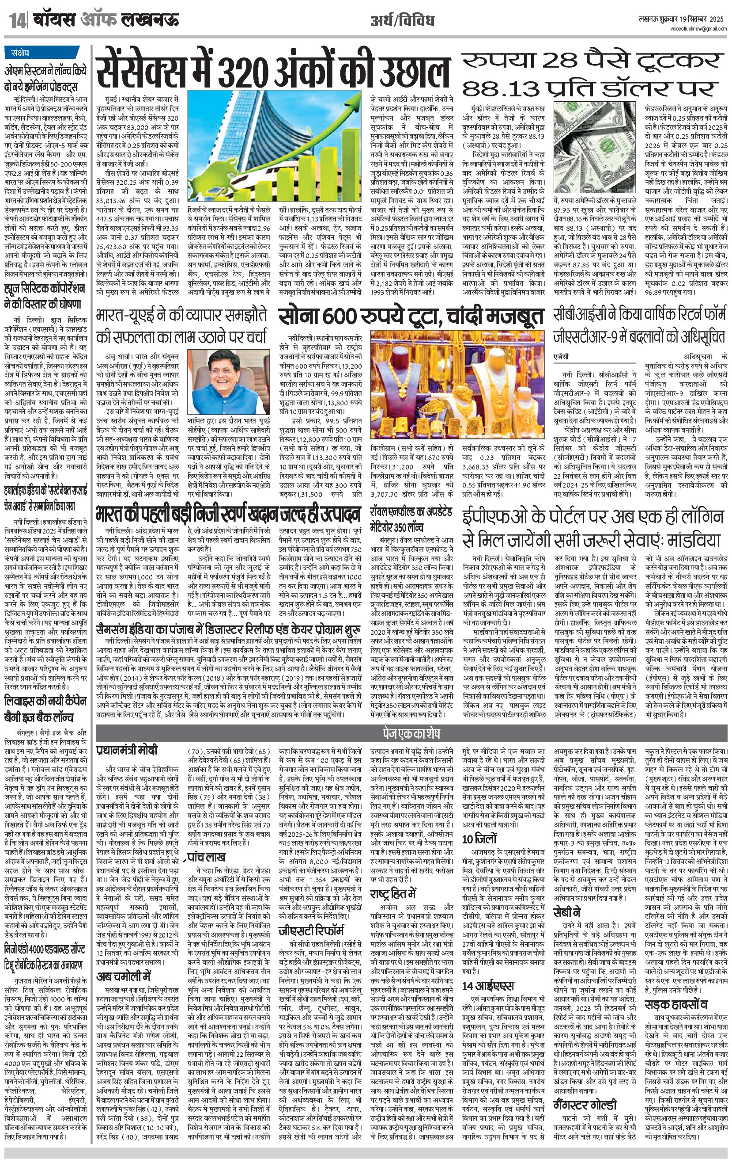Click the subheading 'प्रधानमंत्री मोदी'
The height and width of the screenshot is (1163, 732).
point(126,751)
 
